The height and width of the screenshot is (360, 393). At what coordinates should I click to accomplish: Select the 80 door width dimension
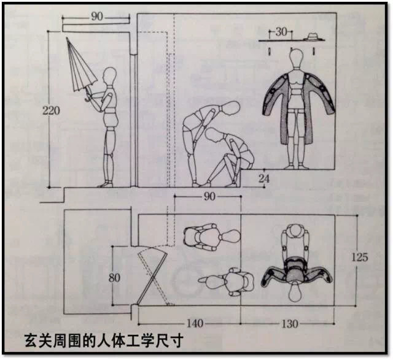coord(114,277)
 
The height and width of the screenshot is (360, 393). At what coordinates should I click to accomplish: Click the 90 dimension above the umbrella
coord(97,17)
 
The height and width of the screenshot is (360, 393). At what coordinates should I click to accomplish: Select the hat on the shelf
coord(314,35)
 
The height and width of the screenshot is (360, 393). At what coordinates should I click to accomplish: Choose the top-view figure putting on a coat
coord(296,264)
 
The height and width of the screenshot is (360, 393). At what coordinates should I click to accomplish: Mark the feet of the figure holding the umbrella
coord(106,183)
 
